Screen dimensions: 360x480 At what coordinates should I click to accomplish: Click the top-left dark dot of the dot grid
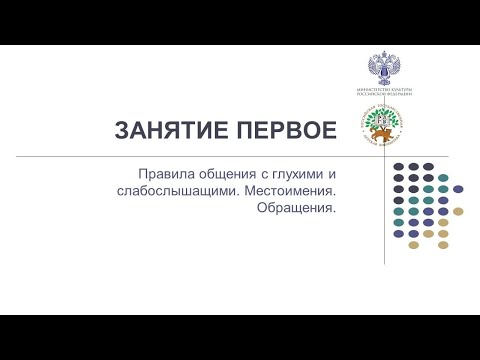pos(399,166)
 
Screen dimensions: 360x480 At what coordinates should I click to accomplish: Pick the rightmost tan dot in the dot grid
pos(458,210)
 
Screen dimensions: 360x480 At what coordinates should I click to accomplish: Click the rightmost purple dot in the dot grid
pos(458,188)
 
